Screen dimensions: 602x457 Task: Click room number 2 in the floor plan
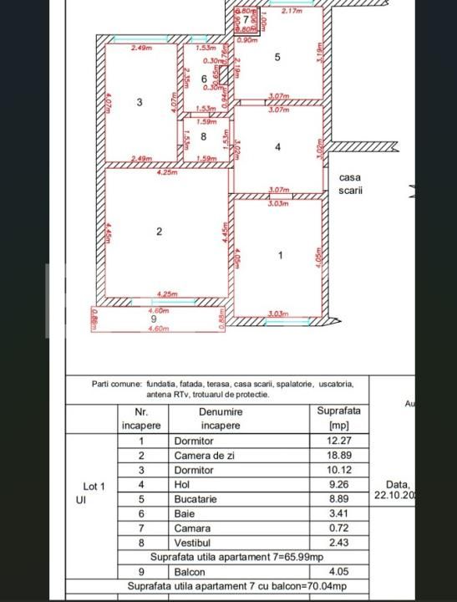coord(160,232)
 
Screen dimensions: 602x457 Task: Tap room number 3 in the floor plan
coord(140,102)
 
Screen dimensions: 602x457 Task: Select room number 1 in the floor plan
coord(280,255)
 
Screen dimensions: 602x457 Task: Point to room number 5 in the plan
coord(277,57)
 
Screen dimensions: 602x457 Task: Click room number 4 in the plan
coord(277,147)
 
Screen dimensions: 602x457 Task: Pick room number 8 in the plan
coord(203,135)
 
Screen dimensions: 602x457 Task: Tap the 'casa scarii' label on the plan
coord(351,183)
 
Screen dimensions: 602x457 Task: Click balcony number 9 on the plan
coord(153,319)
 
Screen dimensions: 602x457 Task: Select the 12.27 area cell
coord(338,441)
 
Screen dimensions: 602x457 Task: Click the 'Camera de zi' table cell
coord(204,456)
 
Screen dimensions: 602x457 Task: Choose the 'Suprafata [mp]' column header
coord(338,418)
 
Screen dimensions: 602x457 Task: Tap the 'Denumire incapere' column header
coord(220,418)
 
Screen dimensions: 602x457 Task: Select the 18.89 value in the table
coord(338,456)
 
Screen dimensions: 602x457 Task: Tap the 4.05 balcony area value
coord(338,572)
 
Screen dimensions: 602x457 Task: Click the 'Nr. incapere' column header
coord(141,418)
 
